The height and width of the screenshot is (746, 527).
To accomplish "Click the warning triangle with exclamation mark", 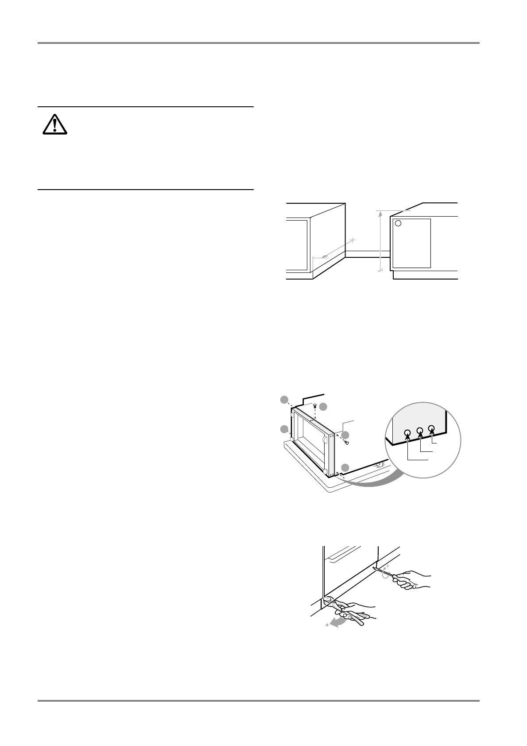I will pyautogui.click(x=54, y=124).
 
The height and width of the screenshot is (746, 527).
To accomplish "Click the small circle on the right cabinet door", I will pyautogui.click(x=398, y=223).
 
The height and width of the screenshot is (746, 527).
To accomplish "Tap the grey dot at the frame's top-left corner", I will pyautogui.click(x=285, y=400).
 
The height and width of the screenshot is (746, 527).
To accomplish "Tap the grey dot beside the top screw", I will pyautogui.click(x=324, y=406).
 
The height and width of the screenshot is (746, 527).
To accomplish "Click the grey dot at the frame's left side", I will pyautogui.click(x=285, y=429).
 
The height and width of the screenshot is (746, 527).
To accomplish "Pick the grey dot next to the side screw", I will pyautogui.click(x=345, y=435).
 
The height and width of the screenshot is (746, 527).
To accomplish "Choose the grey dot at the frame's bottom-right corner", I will pyautogui.click(x=345, y=467).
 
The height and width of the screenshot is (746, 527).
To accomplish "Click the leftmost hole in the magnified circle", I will pyautogui.click(x=407, y=433).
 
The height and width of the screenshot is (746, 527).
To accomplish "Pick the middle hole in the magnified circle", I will pyautogui.click(x=419, y=430).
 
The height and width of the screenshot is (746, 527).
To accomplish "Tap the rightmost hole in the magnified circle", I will pyautogui.click(x=432, y=428).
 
